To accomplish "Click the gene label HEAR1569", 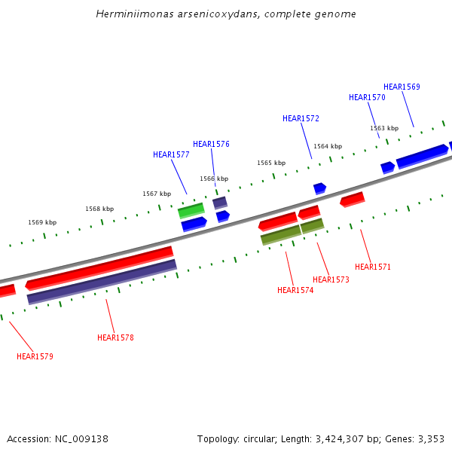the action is point(402,87).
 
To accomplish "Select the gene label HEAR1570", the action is point(367,97).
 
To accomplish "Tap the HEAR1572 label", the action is point(301,118).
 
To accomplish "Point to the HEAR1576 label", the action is point(211,144).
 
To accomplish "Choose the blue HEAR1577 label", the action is point(171,154).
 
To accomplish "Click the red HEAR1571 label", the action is point(373,267).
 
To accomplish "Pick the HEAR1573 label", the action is point(331,279).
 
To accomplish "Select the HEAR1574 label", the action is point(295,290).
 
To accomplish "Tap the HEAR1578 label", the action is point(115,337).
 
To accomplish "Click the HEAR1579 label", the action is point(35,356).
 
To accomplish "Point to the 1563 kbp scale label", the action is point(384,128).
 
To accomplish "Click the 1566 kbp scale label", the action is point(214,179).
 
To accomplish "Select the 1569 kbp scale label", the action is point(42,222).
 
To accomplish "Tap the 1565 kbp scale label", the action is point(271,163).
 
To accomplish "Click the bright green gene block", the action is point(191,209).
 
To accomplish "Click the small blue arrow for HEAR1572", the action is point(320,188).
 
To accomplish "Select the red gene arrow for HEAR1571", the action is point(353,199).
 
